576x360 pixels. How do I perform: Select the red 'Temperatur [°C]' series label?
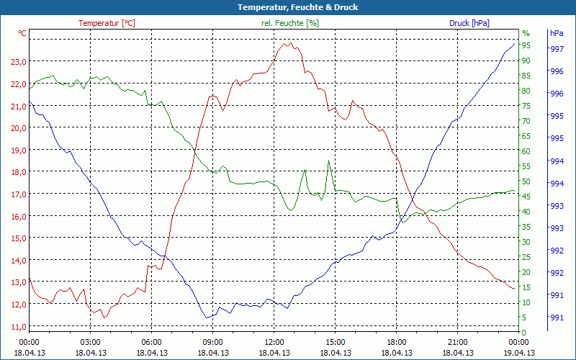coord(107,23)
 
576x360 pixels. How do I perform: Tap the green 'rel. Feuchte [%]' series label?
coord(289,23)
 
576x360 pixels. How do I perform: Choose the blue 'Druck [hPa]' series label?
coord(469,23)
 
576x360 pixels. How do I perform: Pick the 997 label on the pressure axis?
coord(557,50)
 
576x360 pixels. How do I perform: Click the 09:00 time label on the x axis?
coord(212,342)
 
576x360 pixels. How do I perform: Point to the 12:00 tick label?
coord(274,342)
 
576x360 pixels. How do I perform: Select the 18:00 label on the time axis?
coord(396,342)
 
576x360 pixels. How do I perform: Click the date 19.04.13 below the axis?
coord(518,353)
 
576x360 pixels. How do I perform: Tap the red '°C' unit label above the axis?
coord(22,33)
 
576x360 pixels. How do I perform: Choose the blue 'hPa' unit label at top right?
coord(557,33)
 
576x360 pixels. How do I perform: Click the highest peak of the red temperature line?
coord(287,43)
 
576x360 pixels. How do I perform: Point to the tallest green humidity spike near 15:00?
coord(329,161)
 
